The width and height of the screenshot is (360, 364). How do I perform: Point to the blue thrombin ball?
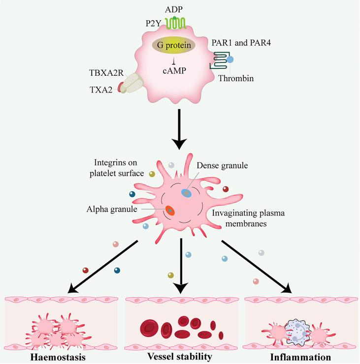click(x=229, y=60)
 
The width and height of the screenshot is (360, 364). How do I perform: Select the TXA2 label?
click(x=101, y=90)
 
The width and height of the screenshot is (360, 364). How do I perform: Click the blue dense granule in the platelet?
click(x=187, y=193)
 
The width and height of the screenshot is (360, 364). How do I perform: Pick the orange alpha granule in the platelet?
click(x=170, y=210)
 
